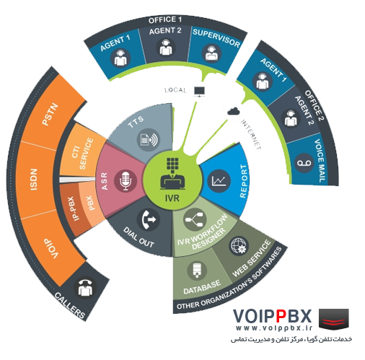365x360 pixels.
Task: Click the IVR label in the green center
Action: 172,198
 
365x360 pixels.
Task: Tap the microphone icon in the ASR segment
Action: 126,180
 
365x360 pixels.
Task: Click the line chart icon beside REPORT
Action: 219,180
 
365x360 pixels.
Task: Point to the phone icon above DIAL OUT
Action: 149,219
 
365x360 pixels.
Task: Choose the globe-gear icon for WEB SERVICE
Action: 239,246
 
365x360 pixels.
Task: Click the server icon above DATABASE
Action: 197,271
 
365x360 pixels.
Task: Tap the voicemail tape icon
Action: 304,163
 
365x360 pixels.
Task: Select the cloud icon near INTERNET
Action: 234,111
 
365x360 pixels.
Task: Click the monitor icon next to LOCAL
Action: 199,92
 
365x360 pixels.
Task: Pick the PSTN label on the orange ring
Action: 50,115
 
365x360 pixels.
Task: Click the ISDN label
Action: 34,180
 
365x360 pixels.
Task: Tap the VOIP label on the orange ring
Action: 51,249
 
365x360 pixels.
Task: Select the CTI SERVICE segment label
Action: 82,153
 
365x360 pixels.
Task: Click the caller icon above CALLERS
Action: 85,288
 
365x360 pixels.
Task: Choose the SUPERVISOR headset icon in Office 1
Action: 211,53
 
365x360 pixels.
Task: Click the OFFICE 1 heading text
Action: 165,19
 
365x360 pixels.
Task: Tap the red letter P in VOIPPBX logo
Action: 281,316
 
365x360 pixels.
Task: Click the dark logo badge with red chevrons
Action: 334,318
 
